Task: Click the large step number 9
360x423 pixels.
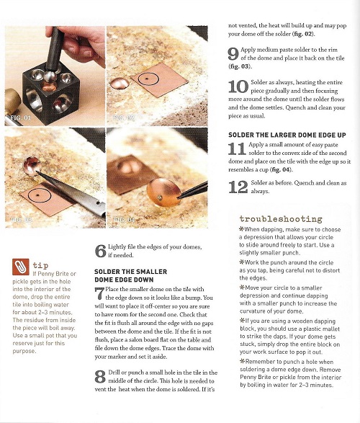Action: click(x=233, y=53)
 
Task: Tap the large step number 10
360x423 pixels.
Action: click(x=238, y=86)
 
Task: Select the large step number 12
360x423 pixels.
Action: click(x=238, y=187)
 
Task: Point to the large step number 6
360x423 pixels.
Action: click(x=101, y=251)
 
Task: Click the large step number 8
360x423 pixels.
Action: click(x=100, y=377)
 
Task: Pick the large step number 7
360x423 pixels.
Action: click(x=99, y=293)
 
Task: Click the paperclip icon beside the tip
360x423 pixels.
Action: click(x=20, y=267)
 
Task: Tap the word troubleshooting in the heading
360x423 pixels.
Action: click(x=281, y=219)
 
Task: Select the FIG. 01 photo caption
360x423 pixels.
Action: click(x=20, y=117)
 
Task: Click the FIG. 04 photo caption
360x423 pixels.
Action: click(x=124, y=220)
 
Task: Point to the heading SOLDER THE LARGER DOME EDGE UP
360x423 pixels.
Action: click(x=287, y=135)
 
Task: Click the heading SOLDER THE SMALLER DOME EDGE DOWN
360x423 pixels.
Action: click(x=131, y=275)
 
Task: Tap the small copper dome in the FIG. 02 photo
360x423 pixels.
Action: click(x=120, y=84)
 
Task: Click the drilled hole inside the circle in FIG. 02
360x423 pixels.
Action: click(x=147, y=79)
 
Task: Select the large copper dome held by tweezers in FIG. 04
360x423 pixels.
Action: click(x=163, y=192)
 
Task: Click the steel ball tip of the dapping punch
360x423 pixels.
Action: click(x=50, y=77)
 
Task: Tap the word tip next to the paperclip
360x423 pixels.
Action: click(x=40, y=265)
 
